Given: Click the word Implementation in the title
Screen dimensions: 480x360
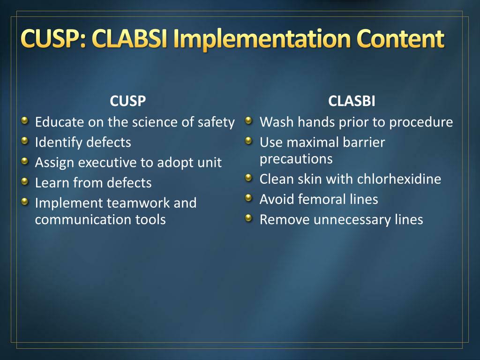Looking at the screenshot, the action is (262, 39).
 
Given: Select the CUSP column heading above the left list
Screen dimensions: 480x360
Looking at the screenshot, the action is (127, 101).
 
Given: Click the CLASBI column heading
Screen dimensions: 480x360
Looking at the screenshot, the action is (352, 101).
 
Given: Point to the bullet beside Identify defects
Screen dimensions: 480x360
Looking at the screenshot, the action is (25, 141).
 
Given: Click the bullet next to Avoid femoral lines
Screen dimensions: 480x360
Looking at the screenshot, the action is (249, 198).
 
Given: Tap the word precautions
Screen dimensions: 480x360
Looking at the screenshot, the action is (296, 159).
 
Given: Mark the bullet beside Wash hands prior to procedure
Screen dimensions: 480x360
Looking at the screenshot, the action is (249, 120).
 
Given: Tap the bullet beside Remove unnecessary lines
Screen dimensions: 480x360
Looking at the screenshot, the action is (249, 218).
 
